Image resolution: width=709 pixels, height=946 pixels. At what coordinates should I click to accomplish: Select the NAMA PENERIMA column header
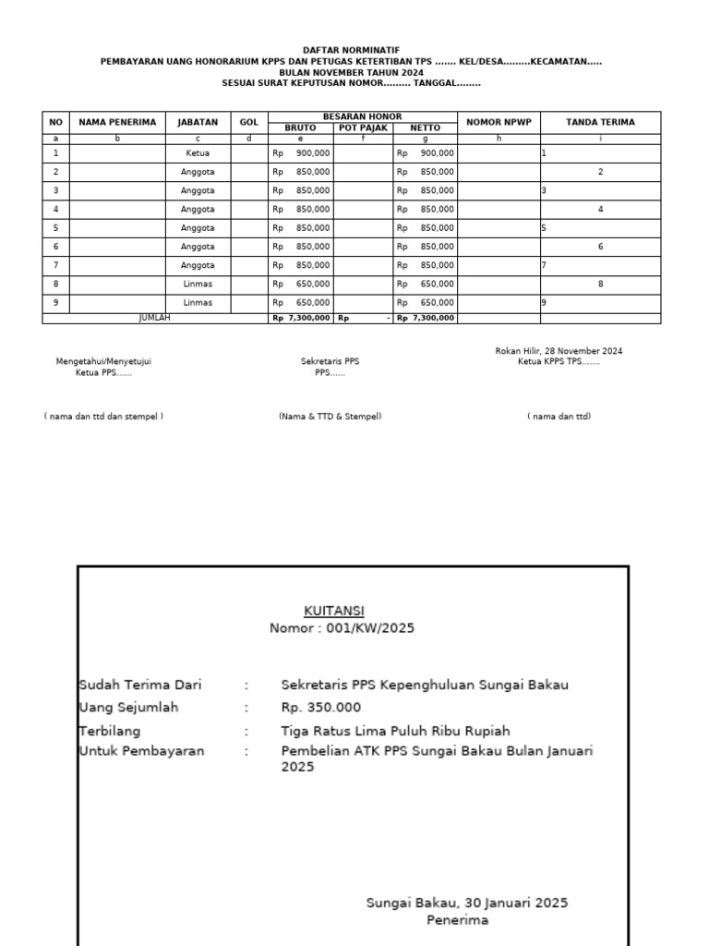(x=117, y=122)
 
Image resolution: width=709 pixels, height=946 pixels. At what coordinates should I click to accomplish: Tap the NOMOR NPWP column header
(x=499, y=122)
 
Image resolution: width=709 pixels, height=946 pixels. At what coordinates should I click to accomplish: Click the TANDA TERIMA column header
(x=600, y=122)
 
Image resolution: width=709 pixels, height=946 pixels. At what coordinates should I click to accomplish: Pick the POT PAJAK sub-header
(x=363, y=128)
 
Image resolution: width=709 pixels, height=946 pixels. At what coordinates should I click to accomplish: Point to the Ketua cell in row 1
(x=198, y=153)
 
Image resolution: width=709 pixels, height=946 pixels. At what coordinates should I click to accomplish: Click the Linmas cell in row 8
(x=198, y=284)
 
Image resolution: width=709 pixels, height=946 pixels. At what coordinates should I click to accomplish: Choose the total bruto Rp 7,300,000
(x=301, y=318)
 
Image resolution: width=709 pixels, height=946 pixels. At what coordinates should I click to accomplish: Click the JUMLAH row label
(x=154, y=317)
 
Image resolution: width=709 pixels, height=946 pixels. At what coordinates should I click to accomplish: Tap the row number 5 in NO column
(x=55, y=227)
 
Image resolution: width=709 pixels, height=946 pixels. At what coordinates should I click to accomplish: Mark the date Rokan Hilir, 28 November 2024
(x=559, y=351)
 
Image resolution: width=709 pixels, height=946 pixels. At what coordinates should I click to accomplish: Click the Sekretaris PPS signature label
(x=330, y=361)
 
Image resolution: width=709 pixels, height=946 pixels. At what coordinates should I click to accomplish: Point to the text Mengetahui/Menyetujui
(x=103, y=361)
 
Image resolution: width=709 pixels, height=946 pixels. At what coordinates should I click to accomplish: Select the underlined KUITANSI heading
(x=334, y=611)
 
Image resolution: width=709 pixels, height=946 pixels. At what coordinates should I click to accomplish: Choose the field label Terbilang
(x=109, y=731)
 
